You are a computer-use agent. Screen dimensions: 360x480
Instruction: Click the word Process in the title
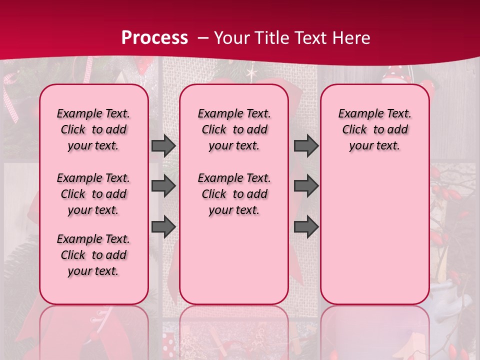pyautogui.click(x=154, y=37)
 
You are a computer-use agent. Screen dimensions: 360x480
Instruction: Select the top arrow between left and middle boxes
pyautogui.click(x=163, y=146)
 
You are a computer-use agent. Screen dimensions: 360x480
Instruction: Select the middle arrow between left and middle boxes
pyautogui.click(x=163, y=186)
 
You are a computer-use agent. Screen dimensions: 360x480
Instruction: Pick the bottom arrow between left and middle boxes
pyautogui.click(x=163, y=226)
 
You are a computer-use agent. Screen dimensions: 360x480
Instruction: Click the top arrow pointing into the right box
pyautogui.click(x=306, y=146)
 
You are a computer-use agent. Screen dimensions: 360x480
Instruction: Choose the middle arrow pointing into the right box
pyautogui.click(x=306, y=186)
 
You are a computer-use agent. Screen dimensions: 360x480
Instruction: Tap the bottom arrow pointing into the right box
pyautogui.click(x=306, y=226)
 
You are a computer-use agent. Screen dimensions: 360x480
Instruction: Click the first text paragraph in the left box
pyautogui.click(x=93, y=129)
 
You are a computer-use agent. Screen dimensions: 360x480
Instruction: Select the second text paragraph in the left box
pyautogui.click(x=93, y=194)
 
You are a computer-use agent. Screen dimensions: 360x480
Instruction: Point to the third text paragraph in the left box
pyautogui.click(x=93, y=255)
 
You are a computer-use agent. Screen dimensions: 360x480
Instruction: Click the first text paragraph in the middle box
pyautogui.click(x=234, y=129)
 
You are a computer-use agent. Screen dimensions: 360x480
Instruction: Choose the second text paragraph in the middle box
pyautogui.click(x=234, y=194)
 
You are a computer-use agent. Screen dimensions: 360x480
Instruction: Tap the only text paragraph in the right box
pyautogui.click(x=375, y=129)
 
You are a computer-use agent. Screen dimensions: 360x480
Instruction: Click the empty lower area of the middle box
pyautogui.click(x=234, y=260)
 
